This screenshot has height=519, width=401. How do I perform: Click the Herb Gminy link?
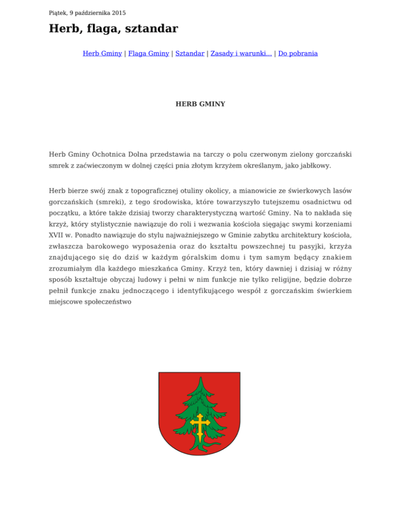(102, 53)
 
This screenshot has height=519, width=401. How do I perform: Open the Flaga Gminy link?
(149, 53)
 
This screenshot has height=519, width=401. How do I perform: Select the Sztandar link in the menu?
(190, 53)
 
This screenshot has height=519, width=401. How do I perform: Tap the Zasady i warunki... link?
(241, 53)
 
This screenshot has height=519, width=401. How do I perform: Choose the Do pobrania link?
(298, 53)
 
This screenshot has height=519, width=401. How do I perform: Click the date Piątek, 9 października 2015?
(87, 13)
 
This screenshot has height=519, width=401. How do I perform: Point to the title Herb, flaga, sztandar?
(113, 29)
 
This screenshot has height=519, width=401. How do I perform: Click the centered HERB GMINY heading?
(200, 104)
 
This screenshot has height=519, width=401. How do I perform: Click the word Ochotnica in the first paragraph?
(109, 155)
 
